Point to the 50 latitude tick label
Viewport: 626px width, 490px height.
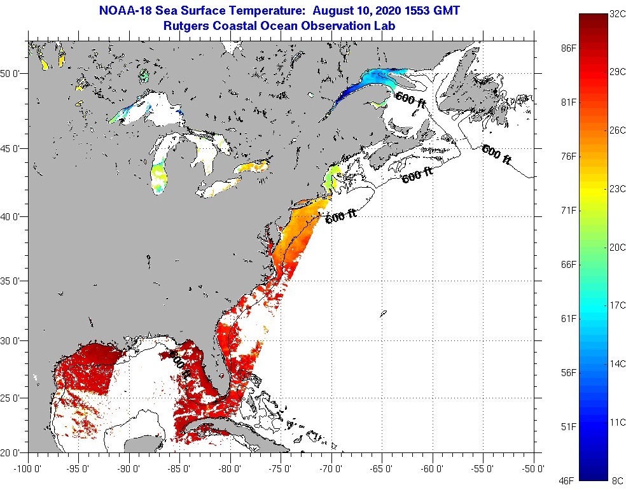[x=13, y=74]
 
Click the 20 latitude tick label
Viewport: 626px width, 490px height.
[x=13, y=453]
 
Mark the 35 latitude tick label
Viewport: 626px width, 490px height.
[x=13, y=281]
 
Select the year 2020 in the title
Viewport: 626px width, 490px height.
[x=382, y=11]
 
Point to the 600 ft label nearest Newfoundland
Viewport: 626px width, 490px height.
[x=496, y=155]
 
